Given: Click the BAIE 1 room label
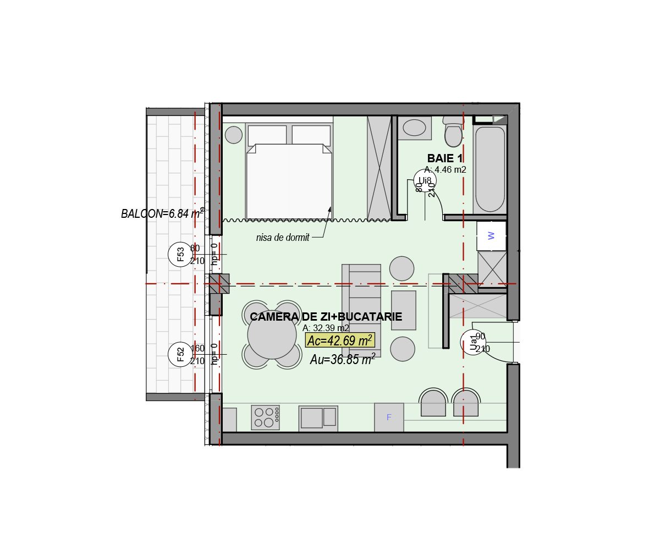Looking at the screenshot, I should (x=444, y=159).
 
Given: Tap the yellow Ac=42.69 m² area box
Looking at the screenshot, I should (x=340, y=340).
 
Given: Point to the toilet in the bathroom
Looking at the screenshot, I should (x=453, y=134).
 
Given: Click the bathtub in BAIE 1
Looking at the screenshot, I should (x=490, y=169).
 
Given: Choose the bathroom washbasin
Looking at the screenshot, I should (x=414, y=128).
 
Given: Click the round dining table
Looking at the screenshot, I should (x=272, y=334).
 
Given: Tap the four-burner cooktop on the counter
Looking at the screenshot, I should (x=265, y=417).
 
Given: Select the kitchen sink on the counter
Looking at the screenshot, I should (x=318, y=418).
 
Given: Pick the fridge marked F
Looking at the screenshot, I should (x=389, y=417).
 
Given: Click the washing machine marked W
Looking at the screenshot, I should (x=491, y=235).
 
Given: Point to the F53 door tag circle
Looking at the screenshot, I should (x=180, y=254).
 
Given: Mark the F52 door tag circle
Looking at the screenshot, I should (x=180, y=354).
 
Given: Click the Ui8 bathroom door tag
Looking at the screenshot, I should (x=425, y=180).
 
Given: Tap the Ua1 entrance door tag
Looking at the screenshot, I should (x=472, y=342).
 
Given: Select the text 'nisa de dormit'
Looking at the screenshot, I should (x=283, y=238).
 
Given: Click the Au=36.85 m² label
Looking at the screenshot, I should (x=343, y=360).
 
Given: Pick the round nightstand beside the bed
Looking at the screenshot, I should (x=234, y=135).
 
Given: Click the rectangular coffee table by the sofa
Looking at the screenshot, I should (x=403, y=310).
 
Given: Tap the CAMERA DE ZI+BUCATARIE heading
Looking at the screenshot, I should (x=326, y=317).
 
